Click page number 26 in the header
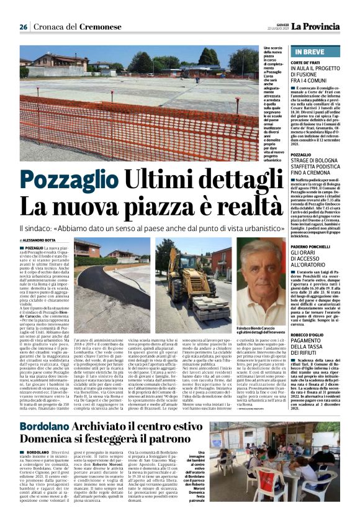tap(24, 27)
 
